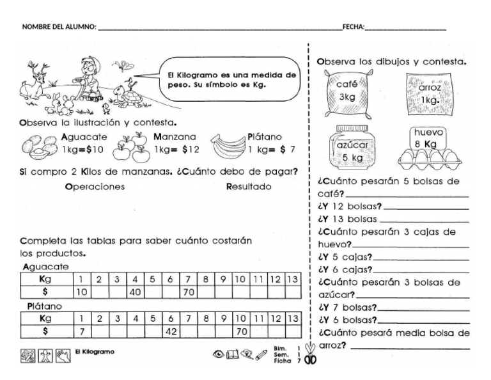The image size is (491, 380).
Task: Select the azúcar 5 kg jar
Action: click(350, 149)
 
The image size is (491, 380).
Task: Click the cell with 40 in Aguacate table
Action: click(136, 291)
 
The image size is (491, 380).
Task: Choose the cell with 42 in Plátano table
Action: click(171, 331)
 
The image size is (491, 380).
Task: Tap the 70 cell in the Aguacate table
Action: click(188, 291)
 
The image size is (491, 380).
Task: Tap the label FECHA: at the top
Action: click(354, 27)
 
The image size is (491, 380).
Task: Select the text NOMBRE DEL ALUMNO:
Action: click(59, 27)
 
